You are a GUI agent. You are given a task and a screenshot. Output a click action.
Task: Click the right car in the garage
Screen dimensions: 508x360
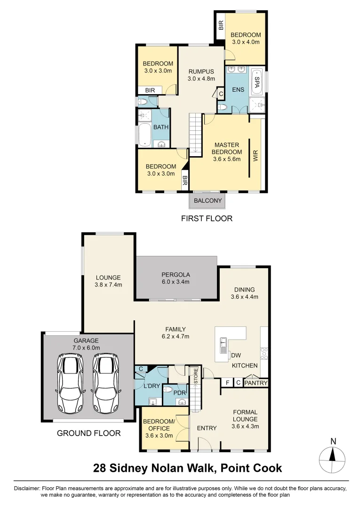click(105, 383)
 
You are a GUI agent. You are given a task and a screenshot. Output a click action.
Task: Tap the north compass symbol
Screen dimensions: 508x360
click(333, 456)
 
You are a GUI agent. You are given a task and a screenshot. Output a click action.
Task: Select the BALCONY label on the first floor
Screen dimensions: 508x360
click(208, 201)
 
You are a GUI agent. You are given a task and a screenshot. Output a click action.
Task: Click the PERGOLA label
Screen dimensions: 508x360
click(176, 275)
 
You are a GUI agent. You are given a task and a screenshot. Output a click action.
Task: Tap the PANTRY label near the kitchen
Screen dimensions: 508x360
click(256, 383)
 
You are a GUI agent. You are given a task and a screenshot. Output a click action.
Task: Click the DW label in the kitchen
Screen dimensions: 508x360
click(236, 356)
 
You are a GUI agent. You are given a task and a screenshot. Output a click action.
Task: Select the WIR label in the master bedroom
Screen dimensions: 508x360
click(256, 156)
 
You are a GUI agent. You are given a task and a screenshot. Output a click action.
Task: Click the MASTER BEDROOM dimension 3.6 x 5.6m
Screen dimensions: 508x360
click(228, 159)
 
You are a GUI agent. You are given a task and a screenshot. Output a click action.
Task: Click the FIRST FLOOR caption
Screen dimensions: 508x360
click(207, 218)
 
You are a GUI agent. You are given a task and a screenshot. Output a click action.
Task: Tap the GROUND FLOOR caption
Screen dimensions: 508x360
click(88, 433)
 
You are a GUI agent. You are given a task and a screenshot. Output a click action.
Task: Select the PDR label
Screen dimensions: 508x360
click(179, 392)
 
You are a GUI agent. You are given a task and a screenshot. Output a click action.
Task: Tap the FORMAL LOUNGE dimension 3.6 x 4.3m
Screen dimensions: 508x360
click(245, 427)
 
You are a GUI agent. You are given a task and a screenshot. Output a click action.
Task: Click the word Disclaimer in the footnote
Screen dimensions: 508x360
click(27, 489)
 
